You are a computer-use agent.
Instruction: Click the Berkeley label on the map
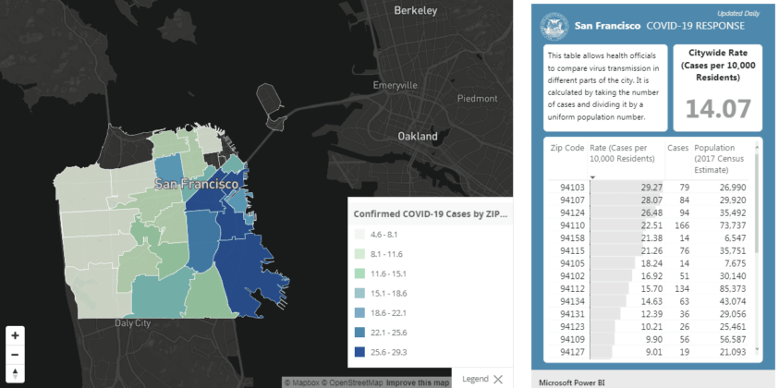415,10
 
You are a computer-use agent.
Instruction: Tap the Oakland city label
417,136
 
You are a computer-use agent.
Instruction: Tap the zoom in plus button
16,334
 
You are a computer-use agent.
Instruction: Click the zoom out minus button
16,354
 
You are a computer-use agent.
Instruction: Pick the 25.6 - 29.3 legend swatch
361,352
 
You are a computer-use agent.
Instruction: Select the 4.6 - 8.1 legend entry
361,235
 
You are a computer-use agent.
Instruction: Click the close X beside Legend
499,379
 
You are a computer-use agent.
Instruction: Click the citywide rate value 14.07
717,111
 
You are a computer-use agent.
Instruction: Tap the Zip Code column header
566,148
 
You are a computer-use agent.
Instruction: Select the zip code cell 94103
566,188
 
